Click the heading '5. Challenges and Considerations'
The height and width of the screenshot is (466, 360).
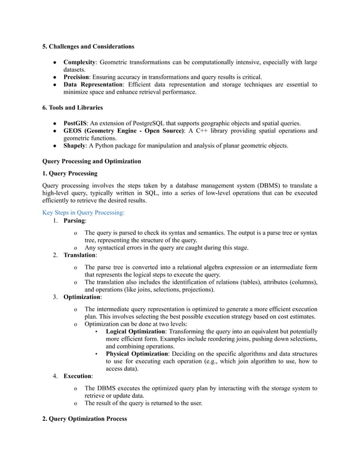point(89,46)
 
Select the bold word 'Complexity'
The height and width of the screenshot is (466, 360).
point(80,62)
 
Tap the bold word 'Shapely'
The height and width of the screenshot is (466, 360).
point(74,146)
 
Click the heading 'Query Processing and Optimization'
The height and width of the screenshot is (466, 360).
point(91,161)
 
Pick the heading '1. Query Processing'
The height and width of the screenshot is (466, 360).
point(70,173)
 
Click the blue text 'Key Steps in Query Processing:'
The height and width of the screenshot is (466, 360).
point(84,213)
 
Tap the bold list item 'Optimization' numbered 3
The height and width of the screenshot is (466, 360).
point(82,296)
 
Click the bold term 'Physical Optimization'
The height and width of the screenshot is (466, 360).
point(137,354)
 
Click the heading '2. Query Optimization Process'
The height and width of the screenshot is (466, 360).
point(85,419)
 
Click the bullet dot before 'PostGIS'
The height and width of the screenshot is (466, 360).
point(54,123)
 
